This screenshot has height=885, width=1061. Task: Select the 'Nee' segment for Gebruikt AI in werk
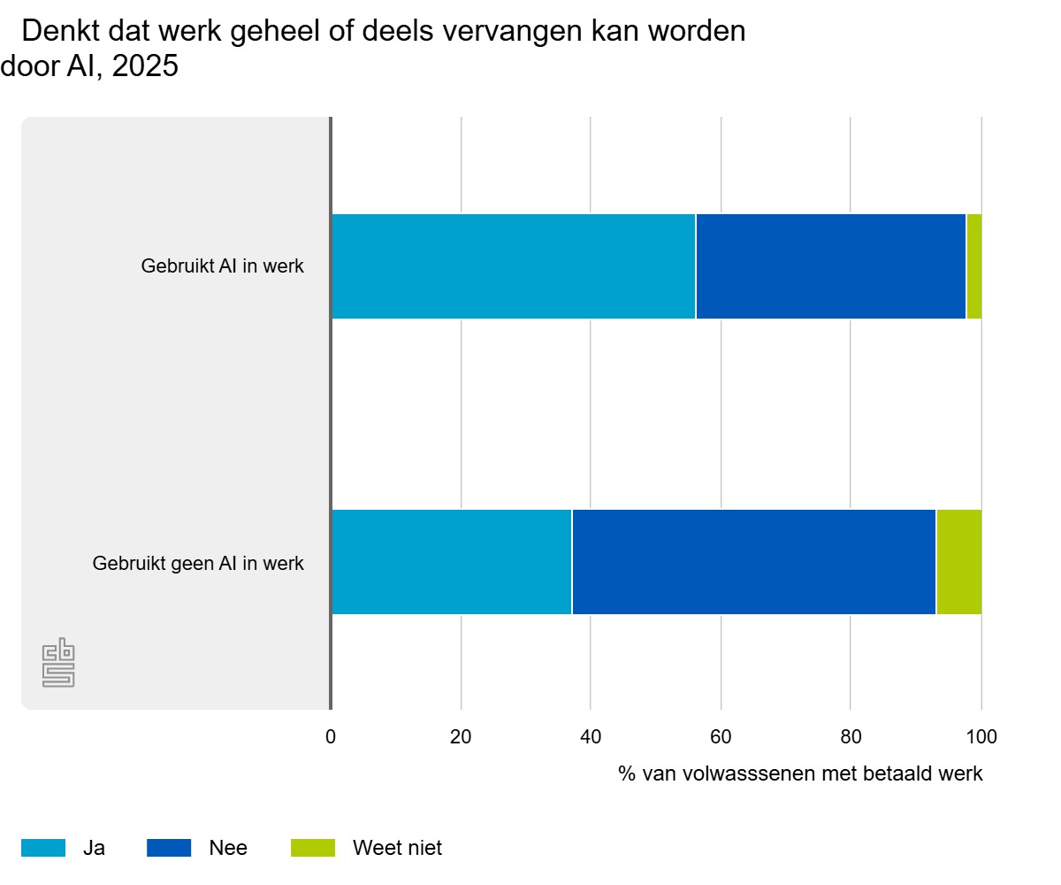click(x=830, y=266)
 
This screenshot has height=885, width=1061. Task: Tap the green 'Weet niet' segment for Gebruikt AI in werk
click(x=973, y=266)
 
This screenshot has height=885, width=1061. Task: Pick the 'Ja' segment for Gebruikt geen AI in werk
click(x=451, y=562)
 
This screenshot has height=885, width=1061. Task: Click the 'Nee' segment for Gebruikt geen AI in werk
click(x=753, y=562)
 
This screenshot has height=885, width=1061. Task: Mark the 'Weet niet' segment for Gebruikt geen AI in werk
click(x=958, y=562)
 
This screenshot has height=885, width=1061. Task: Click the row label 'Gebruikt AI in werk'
click(x=222, y=266)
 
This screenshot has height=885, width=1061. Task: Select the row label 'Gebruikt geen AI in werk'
click(x=198, y=563)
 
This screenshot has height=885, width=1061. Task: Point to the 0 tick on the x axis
click(x=331, y=735)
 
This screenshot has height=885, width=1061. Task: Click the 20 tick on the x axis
click(x=461, y=735)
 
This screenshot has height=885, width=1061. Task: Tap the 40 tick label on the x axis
click(x=591, y=735)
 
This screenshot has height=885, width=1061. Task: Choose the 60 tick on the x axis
click(x=721, y=735)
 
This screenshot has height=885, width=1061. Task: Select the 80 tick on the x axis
click(x=851, y=735)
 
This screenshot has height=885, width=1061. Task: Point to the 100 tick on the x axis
click(x=981, y=735)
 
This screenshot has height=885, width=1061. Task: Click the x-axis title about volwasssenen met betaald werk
click(x=800, y=773)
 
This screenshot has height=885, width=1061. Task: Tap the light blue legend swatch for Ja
click(x=43, y=848)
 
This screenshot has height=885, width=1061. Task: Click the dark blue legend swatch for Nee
click(x=169, y=848)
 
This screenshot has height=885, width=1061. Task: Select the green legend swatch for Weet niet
click(x=313, y=848)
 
